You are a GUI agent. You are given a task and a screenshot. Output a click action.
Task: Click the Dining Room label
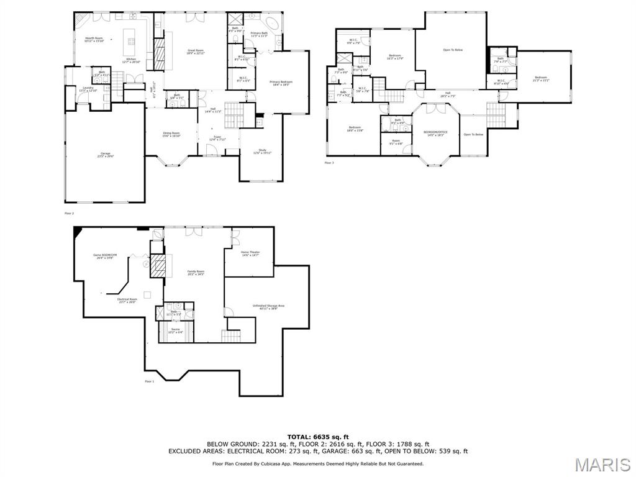[x=171, y=134]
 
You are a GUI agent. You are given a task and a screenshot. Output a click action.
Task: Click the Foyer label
[x=217, y=138]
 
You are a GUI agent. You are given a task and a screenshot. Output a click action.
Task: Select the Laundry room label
[x=88, y=89]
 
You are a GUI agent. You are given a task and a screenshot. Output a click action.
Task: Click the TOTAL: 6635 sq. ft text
[x=317, y=437]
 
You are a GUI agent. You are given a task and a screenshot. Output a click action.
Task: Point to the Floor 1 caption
[x=149, y=381]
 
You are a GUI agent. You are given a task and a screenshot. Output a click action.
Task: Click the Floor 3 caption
[x=329, y=163]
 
